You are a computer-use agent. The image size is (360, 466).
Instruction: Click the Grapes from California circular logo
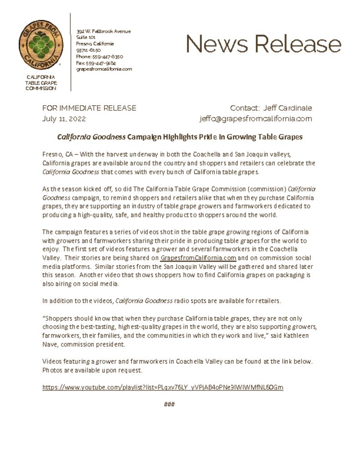(x=41, y=45)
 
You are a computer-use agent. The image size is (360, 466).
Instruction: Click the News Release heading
(x=263, y=44)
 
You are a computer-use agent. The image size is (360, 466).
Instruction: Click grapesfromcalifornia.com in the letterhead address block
(x=104, y=69)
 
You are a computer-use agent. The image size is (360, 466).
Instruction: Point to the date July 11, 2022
(x=64, y=119)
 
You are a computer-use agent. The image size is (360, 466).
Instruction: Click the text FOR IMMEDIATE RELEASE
(x=89, y=108)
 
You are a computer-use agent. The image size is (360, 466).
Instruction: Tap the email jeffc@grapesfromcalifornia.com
(x=256, y=119)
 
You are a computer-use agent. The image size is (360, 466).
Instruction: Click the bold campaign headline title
(x=180, y=137)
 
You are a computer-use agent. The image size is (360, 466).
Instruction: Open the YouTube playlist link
(x=162, y=387)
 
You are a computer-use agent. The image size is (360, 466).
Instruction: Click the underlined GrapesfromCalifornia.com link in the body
(x=198, y=258)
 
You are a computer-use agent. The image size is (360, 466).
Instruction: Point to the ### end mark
(x=169, y=405)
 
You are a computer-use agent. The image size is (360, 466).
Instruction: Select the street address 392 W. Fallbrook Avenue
(x=103, y=31)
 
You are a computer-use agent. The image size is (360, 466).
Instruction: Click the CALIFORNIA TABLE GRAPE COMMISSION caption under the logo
(x=41, y=82)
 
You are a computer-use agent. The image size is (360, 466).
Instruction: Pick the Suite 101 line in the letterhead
(x=86, y=37)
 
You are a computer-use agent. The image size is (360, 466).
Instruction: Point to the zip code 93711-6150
(x=89, y=50)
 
